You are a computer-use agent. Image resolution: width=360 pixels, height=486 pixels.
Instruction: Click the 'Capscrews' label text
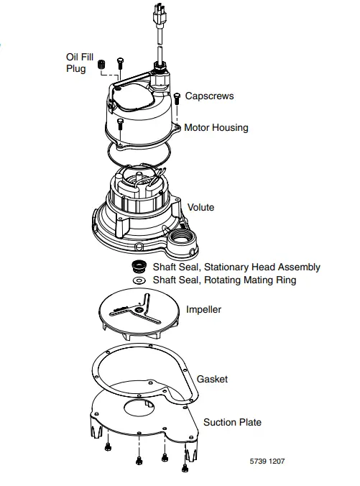[209, 96]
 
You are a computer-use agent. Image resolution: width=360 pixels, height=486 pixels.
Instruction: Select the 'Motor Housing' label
[216, 127]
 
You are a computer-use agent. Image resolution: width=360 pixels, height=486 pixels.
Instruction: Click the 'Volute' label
[200, 208]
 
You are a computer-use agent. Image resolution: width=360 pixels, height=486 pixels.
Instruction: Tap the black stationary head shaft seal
[139, 267]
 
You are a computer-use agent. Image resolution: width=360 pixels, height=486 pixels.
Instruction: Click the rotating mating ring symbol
[139, 280]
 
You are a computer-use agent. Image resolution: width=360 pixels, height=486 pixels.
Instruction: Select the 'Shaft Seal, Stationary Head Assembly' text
[236, 267]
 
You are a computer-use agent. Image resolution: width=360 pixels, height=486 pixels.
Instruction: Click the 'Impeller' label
[203, 310]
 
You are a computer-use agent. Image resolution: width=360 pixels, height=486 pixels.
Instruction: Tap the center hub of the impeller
[138, 309]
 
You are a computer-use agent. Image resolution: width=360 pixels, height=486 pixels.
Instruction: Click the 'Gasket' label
[212, 379]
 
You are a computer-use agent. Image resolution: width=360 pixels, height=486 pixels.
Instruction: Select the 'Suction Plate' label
[232, 422]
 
